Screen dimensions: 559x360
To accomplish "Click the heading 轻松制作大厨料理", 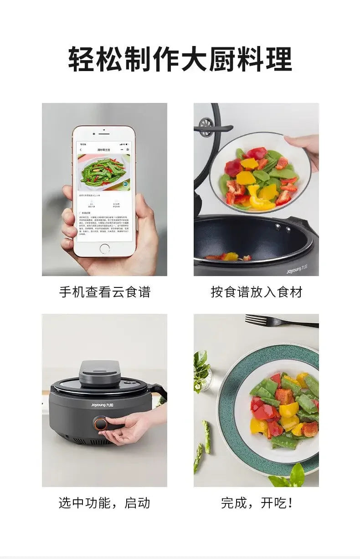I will tap(180, 59).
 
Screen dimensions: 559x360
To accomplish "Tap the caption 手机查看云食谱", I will tap(104, 292).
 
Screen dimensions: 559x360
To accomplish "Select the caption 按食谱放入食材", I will tap(256, 292).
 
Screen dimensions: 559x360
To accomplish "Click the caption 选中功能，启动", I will tap(104, 503).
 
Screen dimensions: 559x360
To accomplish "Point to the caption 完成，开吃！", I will tap(256, 503).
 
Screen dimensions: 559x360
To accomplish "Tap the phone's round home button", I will tap(104, 249).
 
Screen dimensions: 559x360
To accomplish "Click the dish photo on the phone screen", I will tap(103, 172).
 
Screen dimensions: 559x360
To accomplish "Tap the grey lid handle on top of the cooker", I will tap(100, 371).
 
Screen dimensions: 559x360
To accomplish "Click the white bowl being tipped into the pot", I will tap(260, 173).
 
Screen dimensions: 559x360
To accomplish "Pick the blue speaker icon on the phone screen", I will tap(125, 184).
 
